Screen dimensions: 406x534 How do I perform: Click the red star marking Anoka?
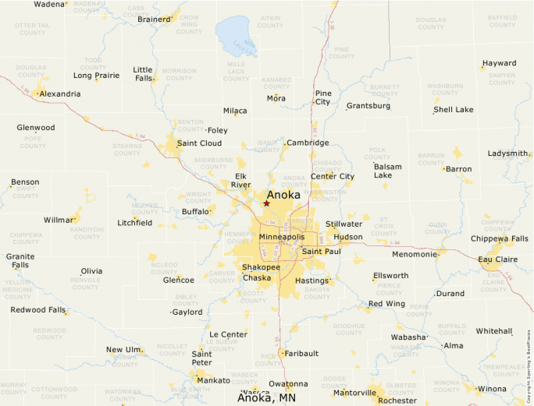pyautogui.click(x=266, y=203)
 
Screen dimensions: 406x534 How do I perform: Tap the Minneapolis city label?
pyautogui.click(x=282, y=236)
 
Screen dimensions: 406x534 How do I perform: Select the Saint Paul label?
pyautogui.click(x=322, y=251)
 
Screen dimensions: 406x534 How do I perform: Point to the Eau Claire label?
pyautogui.click(x=498, y=259)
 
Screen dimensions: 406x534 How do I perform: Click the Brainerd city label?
pyautogui.click(x=154, y=19)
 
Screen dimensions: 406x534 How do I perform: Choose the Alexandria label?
pyautogui.click(x=59, y=94)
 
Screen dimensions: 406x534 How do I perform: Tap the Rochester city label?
pyautogui.click(x=397, y=400)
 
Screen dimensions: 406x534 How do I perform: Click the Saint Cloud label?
pyautogui.click(x=199, y=143)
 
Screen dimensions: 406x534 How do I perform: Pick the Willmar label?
pyautogui.click(x=59, y=220)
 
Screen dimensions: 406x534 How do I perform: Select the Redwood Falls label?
pyautogui.click(x=38, y=309)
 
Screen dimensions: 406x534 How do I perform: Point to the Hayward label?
pyautogui.click(x=499, y=63)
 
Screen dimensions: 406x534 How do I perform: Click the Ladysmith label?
pyautogui.click(x=507, y=154)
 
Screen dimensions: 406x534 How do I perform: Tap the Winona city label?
pyautogui.click(x=492, y=388)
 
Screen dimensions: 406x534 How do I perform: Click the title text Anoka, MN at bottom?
pyautogui.click(x=266, y=397)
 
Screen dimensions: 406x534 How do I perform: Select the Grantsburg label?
pyautogui.click(x=368, y=105)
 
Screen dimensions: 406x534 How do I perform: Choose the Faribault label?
pyautogui.click(x=301, y=353)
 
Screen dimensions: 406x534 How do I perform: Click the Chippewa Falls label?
pyautogui.click(x=499, y=238)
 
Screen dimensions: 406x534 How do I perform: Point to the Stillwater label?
pyautogui.click(x=344, y=224)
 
